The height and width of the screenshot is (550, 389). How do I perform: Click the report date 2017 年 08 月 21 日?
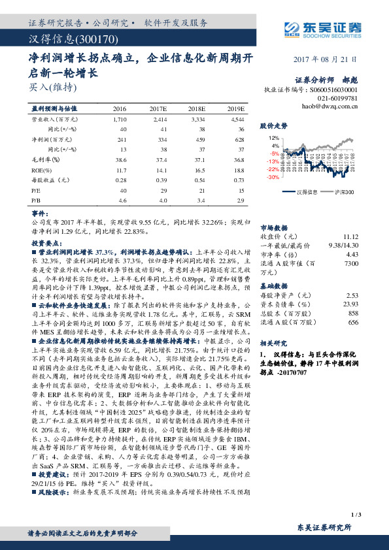click(326, 59)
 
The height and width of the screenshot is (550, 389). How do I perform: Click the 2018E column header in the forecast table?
click(197, 109)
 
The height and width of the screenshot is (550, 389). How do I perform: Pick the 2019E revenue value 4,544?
click(237, 121)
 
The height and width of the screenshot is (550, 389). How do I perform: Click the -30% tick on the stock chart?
click(274, 176)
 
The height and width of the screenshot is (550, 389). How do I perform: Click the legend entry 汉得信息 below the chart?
click(306, 192)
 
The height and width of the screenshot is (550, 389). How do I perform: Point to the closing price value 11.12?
click(350, 236)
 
